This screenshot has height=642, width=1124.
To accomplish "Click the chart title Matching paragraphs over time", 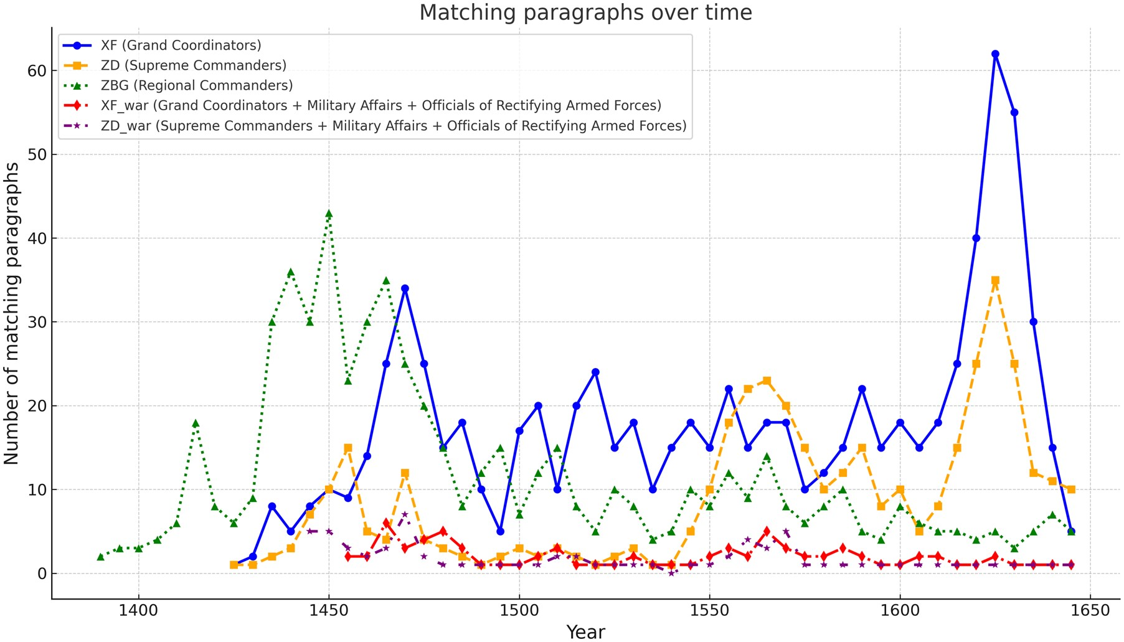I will (585, 12).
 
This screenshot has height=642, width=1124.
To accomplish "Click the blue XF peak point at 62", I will (995, 54).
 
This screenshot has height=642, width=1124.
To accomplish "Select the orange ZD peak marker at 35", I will (995, 281).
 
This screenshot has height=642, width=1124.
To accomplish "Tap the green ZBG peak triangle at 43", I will (329, 214).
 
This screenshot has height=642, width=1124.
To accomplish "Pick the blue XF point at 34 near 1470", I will (405, 289).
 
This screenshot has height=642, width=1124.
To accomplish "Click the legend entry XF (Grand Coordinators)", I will (181, 45).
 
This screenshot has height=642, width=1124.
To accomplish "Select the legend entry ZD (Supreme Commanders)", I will (193, 65).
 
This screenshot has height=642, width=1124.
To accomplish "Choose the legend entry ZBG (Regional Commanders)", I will (196, 85).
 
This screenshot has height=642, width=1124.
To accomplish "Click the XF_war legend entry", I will (380, 106).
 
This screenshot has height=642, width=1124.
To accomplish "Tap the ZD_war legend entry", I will (393, 126).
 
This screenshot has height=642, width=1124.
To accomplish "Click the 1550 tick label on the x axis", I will (709, 611).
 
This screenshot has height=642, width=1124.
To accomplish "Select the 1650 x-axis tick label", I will (1090, 611).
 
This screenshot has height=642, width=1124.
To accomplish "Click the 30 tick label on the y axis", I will (37, 323).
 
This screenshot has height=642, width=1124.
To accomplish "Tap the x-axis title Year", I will (585, 632).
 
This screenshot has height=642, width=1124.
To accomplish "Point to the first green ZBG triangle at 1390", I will (100, 557).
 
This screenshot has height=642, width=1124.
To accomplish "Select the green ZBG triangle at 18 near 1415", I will (196, 423).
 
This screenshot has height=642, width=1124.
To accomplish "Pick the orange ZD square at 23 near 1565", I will (767, 381).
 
